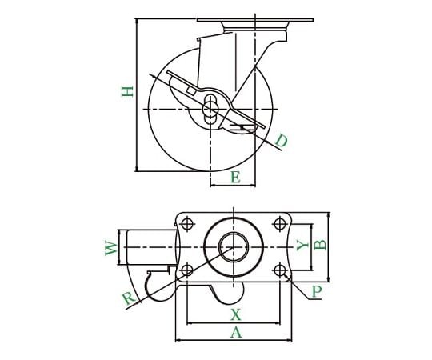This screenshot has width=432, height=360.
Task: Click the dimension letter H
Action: (x=127, y=92)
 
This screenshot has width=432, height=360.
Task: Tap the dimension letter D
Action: (x=282, y=141)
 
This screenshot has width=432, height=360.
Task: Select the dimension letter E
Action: (x=235, y=177)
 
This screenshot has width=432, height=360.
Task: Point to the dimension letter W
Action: (x=111, y=248)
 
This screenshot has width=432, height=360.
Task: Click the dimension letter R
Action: (x=130, y=298)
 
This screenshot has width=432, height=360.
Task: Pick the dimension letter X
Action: (x=235, y=315)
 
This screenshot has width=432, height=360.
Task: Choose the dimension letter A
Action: (x=236, y=332)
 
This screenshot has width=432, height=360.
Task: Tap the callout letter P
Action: (x=317, y=292)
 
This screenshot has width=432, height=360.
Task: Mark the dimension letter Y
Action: (x=302, y=245)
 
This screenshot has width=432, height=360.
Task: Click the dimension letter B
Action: (x=320, y=245)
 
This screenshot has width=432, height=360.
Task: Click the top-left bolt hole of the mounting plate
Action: (x=187, y=224)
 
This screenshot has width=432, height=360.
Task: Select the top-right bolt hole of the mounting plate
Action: (x=280, y=224)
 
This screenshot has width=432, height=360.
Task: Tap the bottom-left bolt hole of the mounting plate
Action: (x=187, y=270)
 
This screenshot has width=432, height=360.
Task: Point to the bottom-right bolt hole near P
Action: (x=280, y=270)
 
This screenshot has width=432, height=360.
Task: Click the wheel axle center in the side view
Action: (x=210, y=110)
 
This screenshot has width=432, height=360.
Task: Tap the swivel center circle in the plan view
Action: (x=234, y=247)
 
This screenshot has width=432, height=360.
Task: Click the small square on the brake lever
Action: (x=191, y=90)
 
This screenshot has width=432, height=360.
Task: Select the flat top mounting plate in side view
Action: (x=255, y=20)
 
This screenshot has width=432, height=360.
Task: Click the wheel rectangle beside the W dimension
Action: (x=151, y=247)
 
